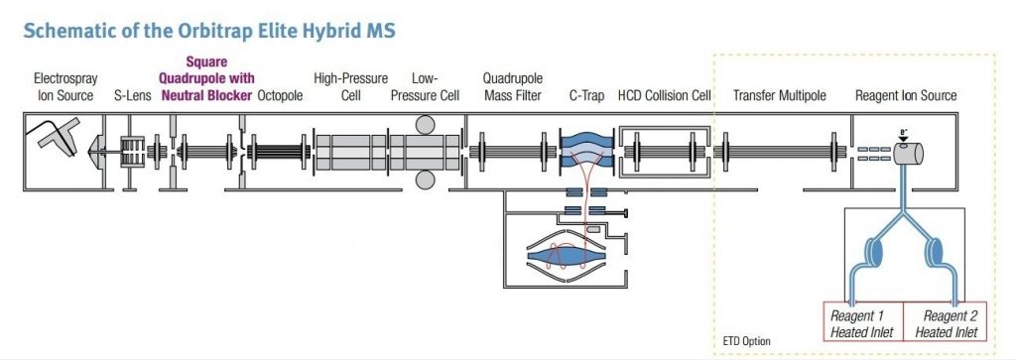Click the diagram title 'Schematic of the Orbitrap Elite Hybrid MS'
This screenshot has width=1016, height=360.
(x=208, y=31)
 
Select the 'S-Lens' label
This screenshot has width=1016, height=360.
(x=132, y=96)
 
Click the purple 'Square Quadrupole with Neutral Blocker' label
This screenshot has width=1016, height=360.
(x=206, y=79)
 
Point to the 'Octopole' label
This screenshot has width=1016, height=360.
(x=282, y=96)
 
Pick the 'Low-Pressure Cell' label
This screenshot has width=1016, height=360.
(x=426, y=87)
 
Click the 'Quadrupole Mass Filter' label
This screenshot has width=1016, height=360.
(x=511, y=87)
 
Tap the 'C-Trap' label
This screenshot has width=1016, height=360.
(x=586, y=96)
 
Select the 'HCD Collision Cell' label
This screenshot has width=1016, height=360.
(x=664, y=96)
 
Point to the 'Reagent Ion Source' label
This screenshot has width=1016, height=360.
(x=906, y=96)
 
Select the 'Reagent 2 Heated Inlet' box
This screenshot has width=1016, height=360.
(x=946, y=323)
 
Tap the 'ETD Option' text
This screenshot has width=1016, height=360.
(x=746, y=341)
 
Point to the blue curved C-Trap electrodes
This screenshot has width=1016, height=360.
(x=586, y=149)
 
